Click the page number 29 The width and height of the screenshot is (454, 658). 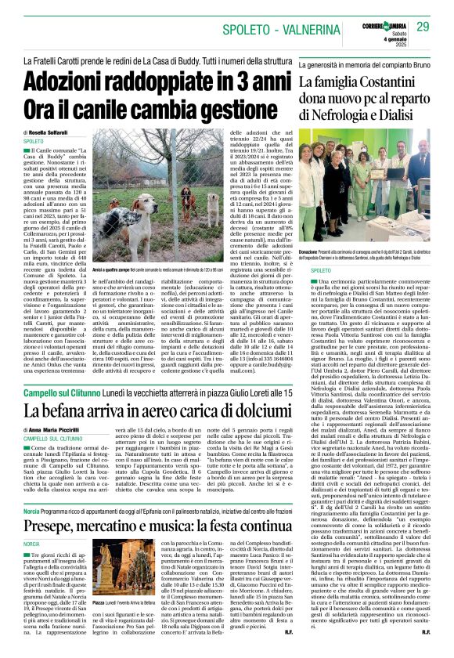422,27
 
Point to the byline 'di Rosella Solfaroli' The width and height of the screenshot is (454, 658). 46,132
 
